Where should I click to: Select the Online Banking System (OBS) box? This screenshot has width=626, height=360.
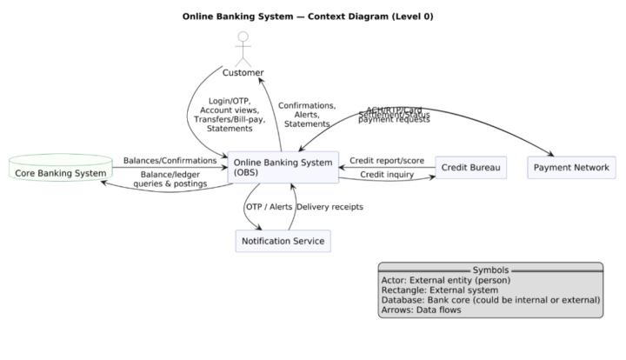pyautogui.click(x=282, y=167)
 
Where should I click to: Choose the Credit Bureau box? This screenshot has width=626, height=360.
pyautogui.click(x=471, y=167)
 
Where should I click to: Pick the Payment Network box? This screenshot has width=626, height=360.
pyautogui.click(x=571, y=167)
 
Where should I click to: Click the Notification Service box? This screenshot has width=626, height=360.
pyautogui.click(x=283, y=241)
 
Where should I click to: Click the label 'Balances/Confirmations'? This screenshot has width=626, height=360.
pyautogui.click(x=170, y=161)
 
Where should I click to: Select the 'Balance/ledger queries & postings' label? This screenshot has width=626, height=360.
pyautogui.click(x=170, y=179)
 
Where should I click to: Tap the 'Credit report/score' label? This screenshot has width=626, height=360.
pyautogui.click(x=387, y=161)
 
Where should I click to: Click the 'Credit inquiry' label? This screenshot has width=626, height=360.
pyautogui.click(x=387, y=175)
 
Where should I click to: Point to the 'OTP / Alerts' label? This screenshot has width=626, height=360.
pyautogui.click(x=269, y=207)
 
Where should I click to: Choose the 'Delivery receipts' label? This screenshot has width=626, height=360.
pyautogui.click(x=330, y=207)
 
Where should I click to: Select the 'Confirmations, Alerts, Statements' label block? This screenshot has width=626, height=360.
pyautogui.click(x=307, y=115)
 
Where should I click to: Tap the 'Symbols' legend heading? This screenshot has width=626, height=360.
pyautogui.click(x=490, y=270)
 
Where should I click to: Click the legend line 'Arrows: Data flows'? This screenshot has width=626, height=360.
pyautogui.click(x=421, y=310)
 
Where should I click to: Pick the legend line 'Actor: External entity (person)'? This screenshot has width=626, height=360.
pyautogui.click(x=445, y=280)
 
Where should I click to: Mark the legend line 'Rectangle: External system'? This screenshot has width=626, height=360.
pyautogui.click(x=439, y=290)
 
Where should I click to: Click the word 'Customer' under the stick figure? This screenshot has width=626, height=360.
pyautogui.click(x=243, y=73)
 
